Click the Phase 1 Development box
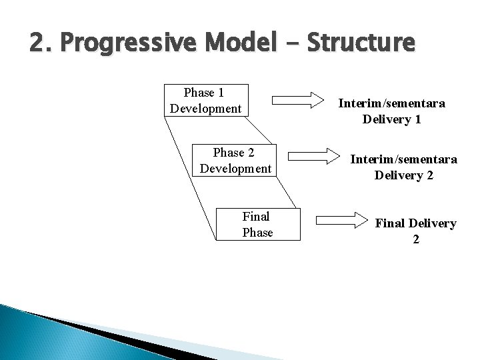tap(206, 100)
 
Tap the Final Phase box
tap(257, 223)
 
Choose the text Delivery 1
tap(392, 120)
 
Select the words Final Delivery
tap(416, 223)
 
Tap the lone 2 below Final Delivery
tap(416, 239)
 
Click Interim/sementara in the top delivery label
tap(392, 104)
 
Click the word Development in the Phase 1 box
tap(206, 108)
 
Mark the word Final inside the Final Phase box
tap(257, 216)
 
